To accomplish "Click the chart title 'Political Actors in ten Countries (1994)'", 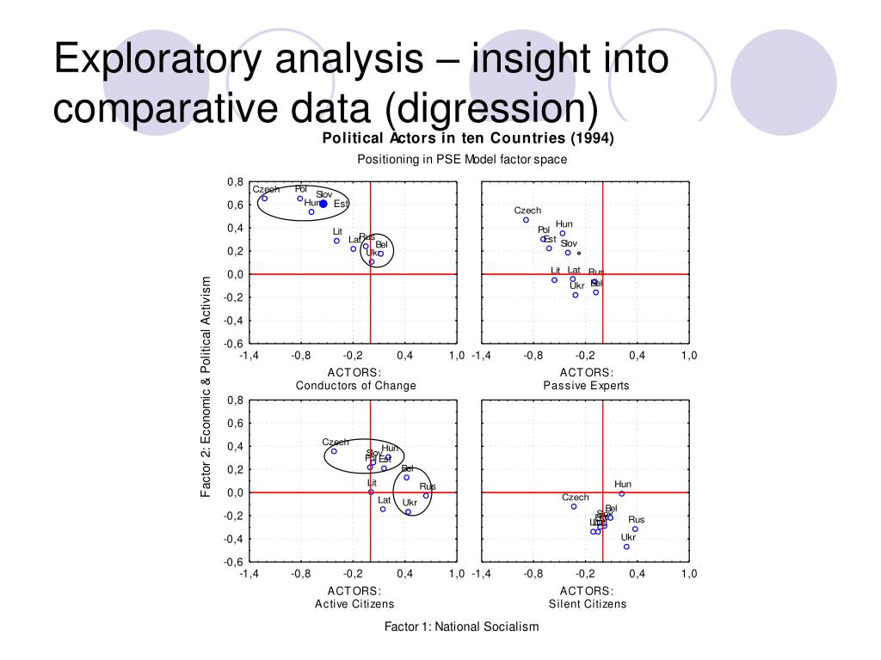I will click(x=468, y=139).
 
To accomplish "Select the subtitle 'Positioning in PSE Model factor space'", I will click(x=462, y=160).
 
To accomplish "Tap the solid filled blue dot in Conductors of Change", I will click(x=323, y=204).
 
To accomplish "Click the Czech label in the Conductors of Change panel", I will click(x=266, y=189).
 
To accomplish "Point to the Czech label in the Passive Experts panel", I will click(x=527, y=211).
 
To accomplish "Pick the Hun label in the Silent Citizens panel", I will click(x=623, y=485).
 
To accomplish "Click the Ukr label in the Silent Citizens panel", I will click(x=628, y=537).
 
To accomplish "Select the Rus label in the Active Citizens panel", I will click(x=428, y=486).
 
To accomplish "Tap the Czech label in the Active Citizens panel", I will click(x=336, y=442).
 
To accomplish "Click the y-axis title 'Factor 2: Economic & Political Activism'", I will click(x=206, y=387).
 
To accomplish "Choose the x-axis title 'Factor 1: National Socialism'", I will click(x=461, y=626).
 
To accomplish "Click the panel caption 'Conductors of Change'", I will click(x=355, y=386).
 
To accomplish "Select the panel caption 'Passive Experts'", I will click(x=586, y=386).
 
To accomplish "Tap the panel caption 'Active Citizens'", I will click(x=354, y=604).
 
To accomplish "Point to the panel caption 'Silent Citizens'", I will click(x=588, y=604).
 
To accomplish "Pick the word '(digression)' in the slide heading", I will click(x=490, y=108).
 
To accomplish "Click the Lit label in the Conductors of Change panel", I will click(x=338, y=232).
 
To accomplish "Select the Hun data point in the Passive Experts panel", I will click(x=563, y=233).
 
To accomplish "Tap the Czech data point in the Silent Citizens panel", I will click(x=574, y=506).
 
